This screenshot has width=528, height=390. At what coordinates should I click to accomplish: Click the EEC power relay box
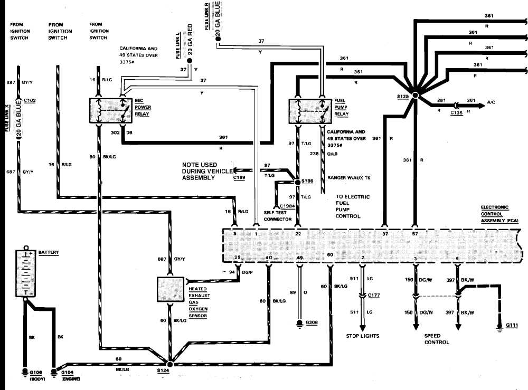(x=111, y=111)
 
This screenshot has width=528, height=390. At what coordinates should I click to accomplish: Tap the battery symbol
(x=25, y=273)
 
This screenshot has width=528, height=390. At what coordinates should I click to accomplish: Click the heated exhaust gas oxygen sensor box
(x=169, y=289)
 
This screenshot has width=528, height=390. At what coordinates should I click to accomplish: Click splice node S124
(x=169, y=364)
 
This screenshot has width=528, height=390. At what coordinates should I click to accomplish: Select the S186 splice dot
(x=297, y=182)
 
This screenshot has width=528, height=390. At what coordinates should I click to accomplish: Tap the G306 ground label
(x=311, y=322)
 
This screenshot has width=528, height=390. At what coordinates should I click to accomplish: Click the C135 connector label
(x=457, y=112)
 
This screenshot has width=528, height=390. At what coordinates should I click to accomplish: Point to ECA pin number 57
(x=416, y=233)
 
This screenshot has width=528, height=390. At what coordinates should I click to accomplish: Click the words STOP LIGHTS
(x=363, y=336)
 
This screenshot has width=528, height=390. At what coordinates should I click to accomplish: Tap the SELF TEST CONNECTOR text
(x=278, y=215)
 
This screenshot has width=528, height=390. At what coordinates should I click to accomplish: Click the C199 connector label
(x=239, y=178)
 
